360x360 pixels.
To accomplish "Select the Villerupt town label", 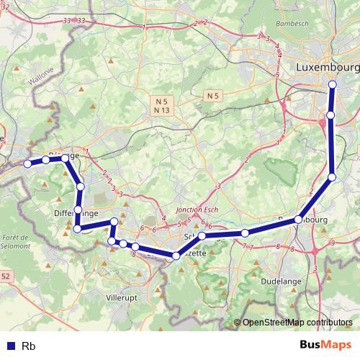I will [122, 296].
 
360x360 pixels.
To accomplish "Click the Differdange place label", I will [76, 213].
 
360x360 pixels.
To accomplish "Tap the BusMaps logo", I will [326, 346].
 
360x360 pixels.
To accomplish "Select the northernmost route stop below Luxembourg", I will [333, 85].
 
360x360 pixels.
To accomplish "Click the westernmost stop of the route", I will [27, 164].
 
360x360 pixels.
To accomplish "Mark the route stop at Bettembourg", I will [297, 220].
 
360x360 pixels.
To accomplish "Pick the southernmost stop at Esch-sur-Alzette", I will [176, 256].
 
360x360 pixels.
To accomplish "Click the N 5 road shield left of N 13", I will [161, 101].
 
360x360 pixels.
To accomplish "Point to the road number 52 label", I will [6, 276].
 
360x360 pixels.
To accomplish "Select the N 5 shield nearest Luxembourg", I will [212, 95].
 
